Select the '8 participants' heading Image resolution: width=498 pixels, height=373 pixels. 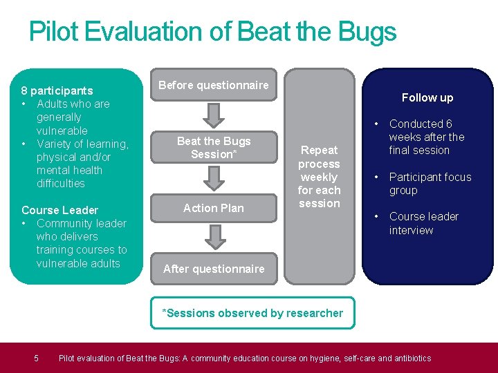(x=57, y=90)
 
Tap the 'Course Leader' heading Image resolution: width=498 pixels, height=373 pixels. (x=59, y=210)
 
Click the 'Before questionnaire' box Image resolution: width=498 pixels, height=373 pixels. (x=214, y=85)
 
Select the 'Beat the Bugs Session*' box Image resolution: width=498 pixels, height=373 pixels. (x=214, y=148)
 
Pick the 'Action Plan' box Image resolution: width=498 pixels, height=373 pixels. (x=214, y=208)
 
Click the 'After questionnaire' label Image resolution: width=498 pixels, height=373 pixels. (x=214, y=269)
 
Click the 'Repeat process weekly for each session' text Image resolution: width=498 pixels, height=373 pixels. (x=319, y=177)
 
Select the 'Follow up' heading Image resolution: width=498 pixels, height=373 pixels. (x=427, y=97)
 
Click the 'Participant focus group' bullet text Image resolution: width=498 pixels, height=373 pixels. (x=430, y=184)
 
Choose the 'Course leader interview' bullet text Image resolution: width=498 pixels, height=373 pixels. (x=423, y=223)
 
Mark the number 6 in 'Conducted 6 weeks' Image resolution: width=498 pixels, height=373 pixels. (x=449, y=124)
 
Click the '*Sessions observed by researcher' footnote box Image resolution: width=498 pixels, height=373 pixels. (x=252, y=313)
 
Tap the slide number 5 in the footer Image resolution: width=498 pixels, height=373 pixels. (x=37, y=358)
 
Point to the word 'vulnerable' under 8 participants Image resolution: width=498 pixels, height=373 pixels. (x=62, y=131)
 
